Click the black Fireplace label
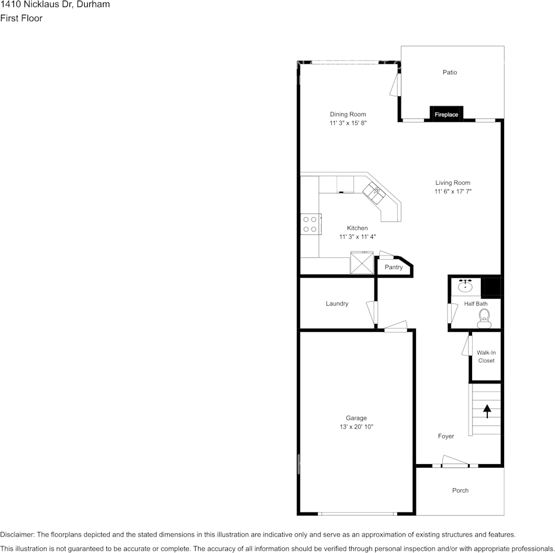click(446, 115)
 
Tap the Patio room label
click(449, 72)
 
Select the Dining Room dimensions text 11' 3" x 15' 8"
click(348, 123)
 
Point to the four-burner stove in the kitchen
click(310, 224)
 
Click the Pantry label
click(393, 267)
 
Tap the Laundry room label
click(337, 303)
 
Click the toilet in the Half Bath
click(484, 318)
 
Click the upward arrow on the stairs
click(487, 411)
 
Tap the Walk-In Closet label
click(485, 357)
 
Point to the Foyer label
click(446, 436)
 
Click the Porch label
click(460, 490)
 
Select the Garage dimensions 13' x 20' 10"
click(356, 427)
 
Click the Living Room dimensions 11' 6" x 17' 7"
click(453, 192)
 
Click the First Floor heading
click(22, 18)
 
